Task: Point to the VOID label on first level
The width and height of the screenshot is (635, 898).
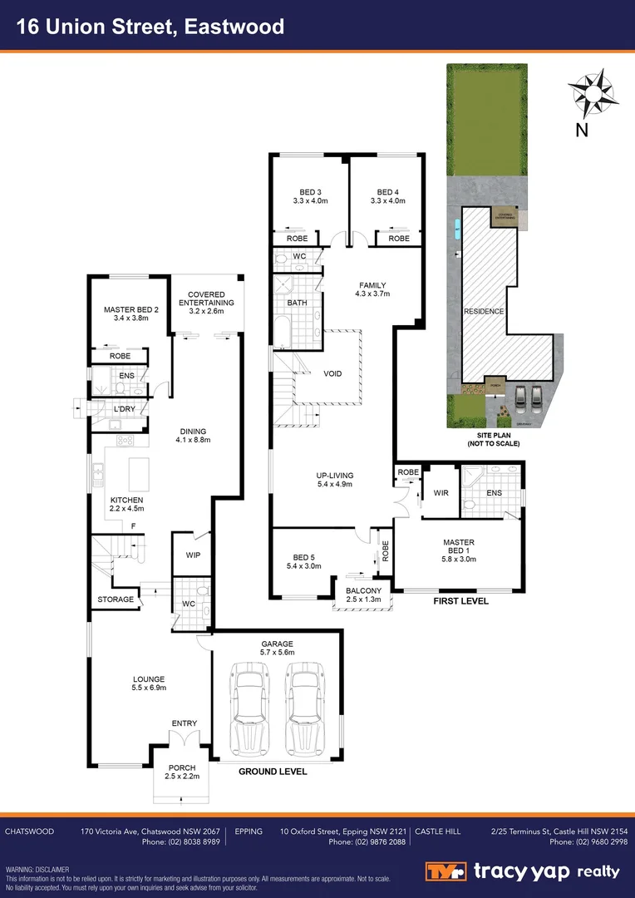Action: coord(332,374)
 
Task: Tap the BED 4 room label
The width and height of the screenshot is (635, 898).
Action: coord(391,192)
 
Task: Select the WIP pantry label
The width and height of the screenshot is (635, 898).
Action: coord(193,555)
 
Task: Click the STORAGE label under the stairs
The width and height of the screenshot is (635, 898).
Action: coord(116,599)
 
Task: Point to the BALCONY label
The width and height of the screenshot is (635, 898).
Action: coord(362,591)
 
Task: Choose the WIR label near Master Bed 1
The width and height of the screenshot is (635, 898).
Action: coord(441,493)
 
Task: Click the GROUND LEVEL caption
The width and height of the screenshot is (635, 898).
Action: coord(273,772)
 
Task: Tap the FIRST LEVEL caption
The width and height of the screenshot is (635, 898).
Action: coord(460,600)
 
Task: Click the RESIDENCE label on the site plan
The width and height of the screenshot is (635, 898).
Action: coord(483,311)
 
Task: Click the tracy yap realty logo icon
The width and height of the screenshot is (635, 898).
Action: coord(445,871)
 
